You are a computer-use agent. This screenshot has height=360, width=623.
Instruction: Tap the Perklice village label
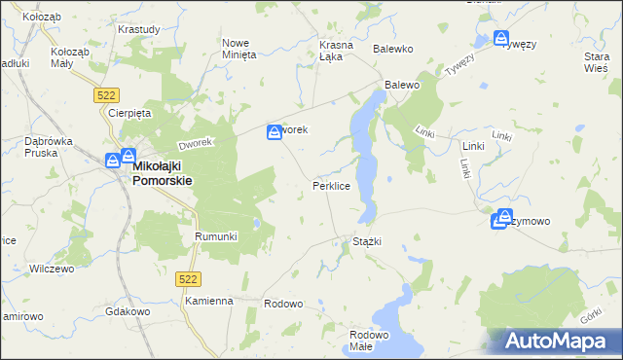tap(331, 185)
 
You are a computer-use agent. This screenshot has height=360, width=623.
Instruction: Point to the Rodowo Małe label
tap(369, 341)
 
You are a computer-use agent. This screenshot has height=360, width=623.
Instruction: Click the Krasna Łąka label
tap(335, 51)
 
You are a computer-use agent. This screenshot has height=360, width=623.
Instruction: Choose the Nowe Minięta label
tap(239, 49)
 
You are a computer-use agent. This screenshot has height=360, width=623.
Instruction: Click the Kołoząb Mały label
tap(70, 57)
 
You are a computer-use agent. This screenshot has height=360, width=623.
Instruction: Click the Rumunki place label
tap(216, 236)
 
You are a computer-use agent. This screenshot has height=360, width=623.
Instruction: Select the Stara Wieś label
tap(596, 63)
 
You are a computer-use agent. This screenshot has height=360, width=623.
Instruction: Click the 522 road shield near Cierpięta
tap(107, 94)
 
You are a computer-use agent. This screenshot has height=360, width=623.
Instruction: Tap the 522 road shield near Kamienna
tap(190, 279)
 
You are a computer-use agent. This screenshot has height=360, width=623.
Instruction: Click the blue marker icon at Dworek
tap(275, 130)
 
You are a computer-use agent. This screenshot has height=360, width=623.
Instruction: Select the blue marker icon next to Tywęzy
tap(501, 40)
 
